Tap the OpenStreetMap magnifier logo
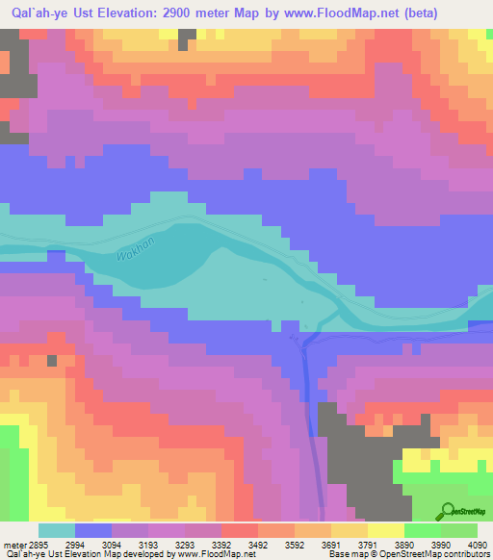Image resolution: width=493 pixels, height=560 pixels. point(447,511)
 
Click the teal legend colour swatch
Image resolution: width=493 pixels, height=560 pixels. point(57,530)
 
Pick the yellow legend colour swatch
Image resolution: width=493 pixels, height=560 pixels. point(386,530)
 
